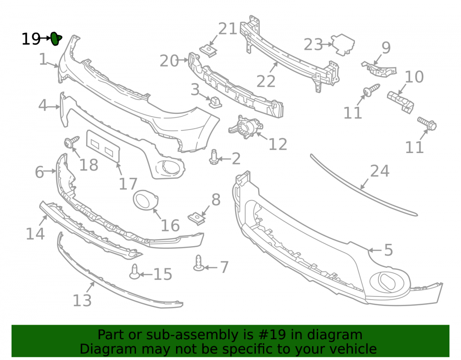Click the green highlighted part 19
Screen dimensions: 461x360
[x=56, y=39]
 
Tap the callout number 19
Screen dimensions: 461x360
[x=31, y=39]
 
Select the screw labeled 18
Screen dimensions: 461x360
[x=71, y=142]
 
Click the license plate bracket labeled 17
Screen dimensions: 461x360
[x=103, y=146]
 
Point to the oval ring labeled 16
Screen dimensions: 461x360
[x=146, y=200]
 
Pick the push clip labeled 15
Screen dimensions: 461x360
[x=135, y=272]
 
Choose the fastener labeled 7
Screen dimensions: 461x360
[x=199, y=263]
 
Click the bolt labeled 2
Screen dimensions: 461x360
[x=214, y=157]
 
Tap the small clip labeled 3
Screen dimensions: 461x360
[x=215, y=102]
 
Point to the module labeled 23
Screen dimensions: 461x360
[x=343, y=44]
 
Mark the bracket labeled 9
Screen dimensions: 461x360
[x=378, y=70]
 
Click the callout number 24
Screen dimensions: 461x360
[x=379, y=171]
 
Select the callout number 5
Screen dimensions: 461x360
[x=388, y=250]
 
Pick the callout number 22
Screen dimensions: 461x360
[x=266, y=82]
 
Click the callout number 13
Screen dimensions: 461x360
[x=82, y=301]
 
